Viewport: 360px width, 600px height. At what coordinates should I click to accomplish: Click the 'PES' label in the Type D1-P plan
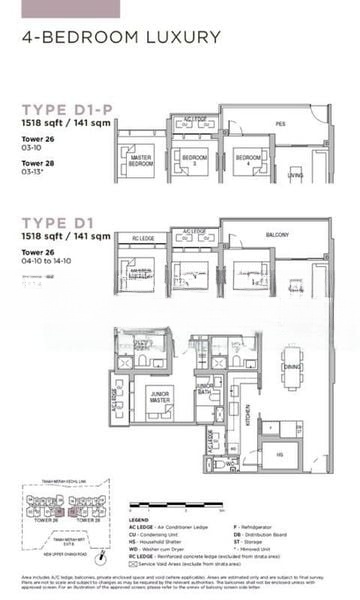pyautogui.click(x=281, y=124)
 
